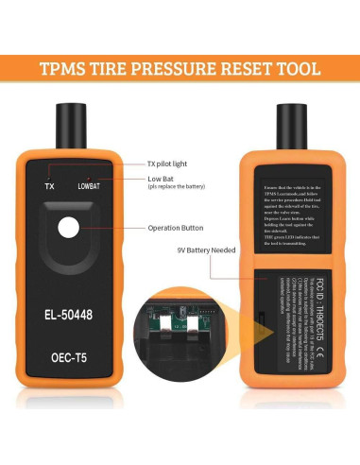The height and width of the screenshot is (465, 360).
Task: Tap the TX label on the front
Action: [x=51, y=185]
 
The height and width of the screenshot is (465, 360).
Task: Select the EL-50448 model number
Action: [x=73, y=309]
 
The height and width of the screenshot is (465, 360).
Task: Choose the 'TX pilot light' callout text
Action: [x=174, y=164]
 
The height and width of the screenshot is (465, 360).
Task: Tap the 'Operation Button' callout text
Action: [x=177, y=228]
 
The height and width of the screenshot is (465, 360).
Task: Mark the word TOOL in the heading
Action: [x=298, y=69]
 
